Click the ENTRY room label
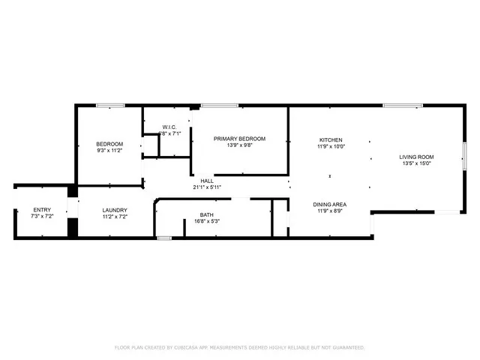coord(41,210)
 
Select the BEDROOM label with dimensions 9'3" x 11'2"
coord(109,144)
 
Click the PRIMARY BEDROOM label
coord(239,139)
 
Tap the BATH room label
coord(207,215)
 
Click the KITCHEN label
coord(331,140)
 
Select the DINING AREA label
coord(330,204)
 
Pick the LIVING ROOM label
coord(416,157)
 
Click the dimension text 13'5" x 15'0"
coord(416,163)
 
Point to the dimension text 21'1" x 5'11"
coord(207,187)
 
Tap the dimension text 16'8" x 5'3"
coord(207,221)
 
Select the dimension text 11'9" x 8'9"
coord(330,211)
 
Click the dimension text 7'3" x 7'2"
coord(41,217)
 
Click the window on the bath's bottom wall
coord(164,238)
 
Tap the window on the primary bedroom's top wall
coord(214,106)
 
